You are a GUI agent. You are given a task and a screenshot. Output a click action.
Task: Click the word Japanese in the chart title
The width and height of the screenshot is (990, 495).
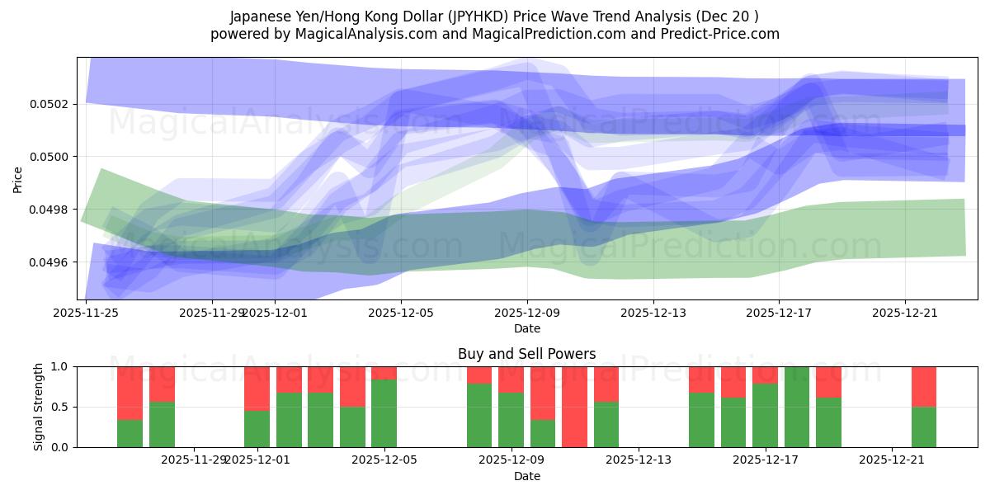260,16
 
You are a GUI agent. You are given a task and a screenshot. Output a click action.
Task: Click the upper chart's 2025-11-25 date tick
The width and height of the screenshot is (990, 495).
86,313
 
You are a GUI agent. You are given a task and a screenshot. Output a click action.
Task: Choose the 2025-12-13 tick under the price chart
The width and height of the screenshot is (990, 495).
653,313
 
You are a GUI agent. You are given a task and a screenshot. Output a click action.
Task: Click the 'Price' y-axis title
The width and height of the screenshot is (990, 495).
18,179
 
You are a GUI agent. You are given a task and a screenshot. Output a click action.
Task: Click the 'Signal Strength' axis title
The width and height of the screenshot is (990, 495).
39,407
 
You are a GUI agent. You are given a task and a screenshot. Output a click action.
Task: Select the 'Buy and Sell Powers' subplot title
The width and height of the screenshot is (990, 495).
526,354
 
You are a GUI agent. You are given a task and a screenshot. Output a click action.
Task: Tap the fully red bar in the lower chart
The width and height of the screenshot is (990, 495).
574,407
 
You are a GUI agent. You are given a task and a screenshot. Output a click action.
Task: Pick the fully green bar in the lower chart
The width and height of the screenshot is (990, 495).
797,407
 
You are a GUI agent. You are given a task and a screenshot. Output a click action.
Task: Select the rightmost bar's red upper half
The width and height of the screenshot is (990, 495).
924,386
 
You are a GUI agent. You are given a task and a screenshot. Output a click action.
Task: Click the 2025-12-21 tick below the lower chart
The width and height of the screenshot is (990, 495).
893,460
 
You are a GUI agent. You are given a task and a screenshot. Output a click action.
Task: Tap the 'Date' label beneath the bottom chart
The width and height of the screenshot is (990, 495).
526,476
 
